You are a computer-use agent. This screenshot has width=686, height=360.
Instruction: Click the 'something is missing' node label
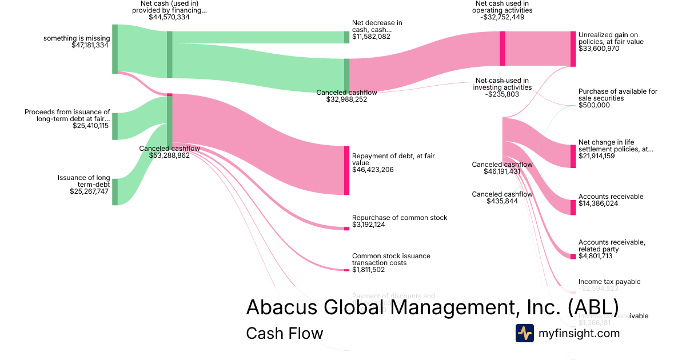pos(76,38)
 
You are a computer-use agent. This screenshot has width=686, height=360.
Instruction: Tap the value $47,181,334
pos(86,45)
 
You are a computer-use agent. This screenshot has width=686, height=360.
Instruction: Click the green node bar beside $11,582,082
pos(346,37)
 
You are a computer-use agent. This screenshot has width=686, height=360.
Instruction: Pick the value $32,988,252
pos(346,99)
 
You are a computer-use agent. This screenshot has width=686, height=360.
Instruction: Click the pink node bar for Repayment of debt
pos(346,170)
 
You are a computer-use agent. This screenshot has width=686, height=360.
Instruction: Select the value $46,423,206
pos(373,170)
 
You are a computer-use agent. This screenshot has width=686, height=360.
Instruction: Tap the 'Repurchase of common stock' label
pos(400,218)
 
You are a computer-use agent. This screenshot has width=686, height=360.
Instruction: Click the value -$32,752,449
pos(503,17)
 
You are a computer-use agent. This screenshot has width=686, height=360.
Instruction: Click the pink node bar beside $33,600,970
pos(573,49)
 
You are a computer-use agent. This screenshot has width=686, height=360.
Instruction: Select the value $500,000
pos(594,105)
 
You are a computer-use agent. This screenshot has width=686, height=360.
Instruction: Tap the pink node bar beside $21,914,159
pos(573,156)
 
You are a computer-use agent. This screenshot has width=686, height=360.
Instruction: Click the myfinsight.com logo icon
pos(525,333)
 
